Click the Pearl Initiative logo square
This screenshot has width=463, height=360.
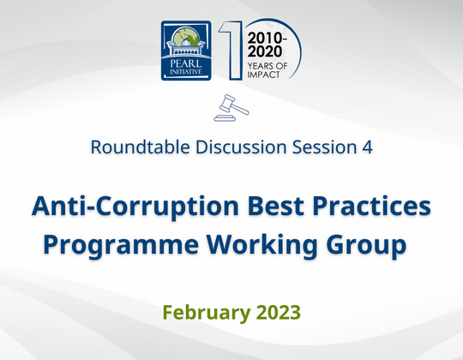tap(185, 52)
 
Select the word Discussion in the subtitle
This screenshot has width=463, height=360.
tap(231, 147)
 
